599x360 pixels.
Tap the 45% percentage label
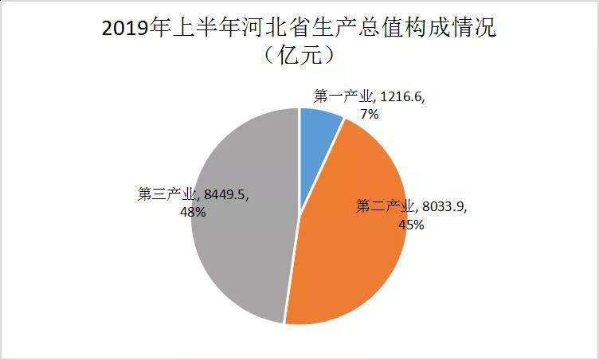click(411, 225)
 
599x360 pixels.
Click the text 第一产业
click(343, 97)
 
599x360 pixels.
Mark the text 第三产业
click(166, 194)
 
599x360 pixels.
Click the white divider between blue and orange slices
click(323, 166)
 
